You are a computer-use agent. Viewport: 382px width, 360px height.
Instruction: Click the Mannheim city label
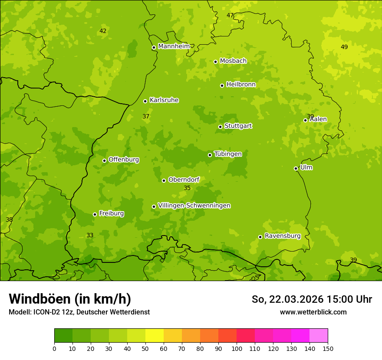tap(174, 46)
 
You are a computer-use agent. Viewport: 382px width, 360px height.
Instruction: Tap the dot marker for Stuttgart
tap(220, 127)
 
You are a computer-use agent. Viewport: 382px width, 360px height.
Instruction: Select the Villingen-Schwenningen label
tap(194, 206)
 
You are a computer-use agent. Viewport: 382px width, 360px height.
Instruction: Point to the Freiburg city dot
tap(95, 214)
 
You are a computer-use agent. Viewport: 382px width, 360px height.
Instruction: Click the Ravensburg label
tap(282, 236)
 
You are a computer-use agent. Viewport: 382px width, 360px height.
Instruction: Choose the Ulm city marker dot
tap(296, 168)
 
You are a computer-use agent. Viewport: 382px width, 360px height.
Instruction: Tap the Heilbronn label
tap(241, 85)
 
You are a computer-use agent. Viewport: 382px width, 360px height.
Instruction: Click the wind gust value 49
tap(344, 47)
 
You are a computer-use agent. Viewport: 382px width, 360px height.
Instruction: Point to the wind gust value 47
tap(230, 15)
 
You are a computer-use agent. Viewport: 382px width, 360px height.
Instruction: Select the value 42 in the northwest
tap(103, 31)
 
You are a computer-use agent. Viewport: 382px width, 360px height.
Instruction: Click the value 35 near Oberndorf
tap(187, 188)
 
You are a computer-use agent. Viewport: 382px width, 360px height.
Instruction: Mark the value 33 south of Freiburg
tap(90, 235)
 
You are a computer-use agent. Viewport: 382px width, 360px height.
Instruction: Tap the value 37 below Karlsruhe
tap(146, 116)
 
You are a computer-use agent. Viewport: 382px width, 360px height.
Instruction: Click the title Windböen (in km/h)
tap(70, 299)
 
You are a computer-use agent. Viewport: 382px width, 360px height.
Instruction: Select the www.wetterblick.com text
tap(313, 312)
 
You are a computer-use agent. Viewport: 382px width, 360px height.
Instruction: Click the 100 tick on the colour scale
tap(237, 349)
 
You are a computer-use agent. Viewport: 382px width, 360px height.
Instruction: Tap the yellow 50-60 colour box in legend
tap(155, 336)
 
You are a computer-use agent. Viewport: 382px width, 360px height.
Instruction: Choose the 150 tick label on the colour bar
tap(328, 349)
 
